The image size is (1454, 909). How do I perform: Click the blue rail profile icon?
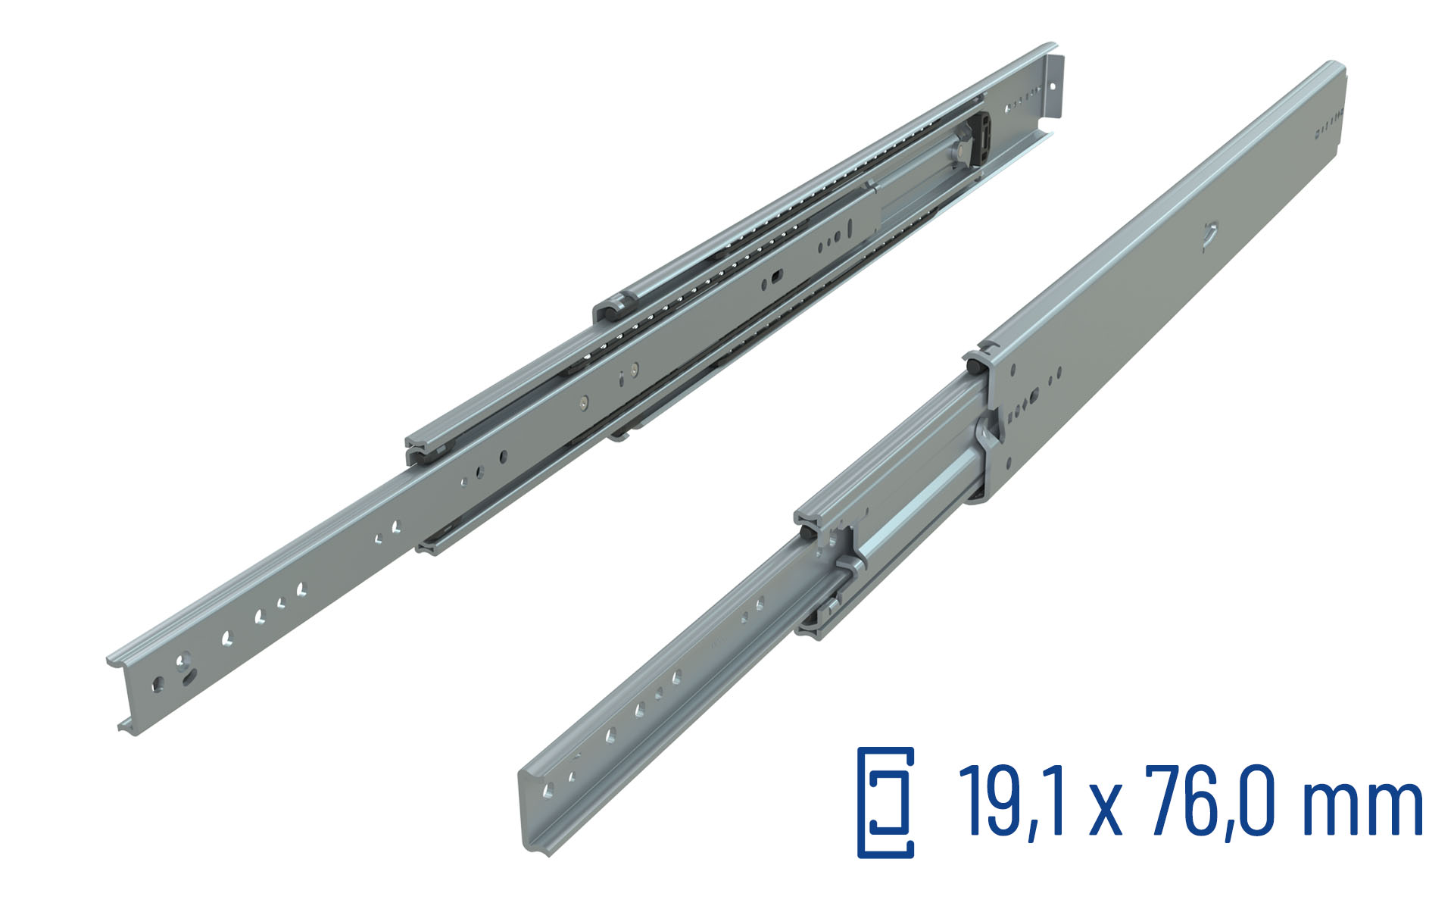coord(885,802)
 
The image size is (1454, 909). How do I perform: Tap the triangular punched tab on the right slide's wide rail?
coord(1209,234)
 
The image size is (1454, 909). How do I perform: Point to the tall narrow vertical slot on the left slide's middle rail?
coord(850,226)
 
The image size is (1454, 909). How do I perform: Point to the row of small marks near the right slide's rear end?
coord(1329,125)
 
